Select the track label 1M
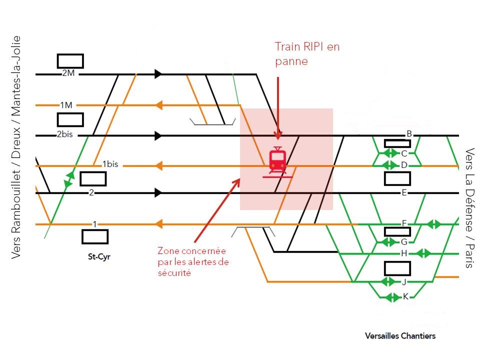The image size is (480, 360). (x=66, y=105)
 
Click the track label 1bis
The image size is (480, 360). (x=110, y=164)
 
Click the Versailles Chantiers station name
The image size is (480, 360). (x=400, y=335)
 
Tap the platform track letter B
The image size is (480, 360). (x=409, y=133)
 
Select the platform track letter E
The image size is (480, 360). (x=404, y=192)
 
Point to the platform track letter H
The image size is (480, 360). (x=404, y=253)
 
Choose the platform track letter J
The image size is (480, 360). (x=404, y=282)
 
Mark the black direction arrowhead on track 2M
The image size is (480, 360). (x=158, y=74)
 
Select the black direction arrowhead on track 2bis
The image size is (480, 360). (x=158, y=135)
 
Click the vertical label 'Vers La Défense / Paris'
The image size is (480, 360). (x=469, y=208)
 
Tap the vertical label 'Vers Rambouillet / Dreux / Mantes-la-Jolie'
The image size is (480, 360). (x=16, y=147)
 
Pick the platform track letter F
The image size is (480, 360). (x=404, y=223)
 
